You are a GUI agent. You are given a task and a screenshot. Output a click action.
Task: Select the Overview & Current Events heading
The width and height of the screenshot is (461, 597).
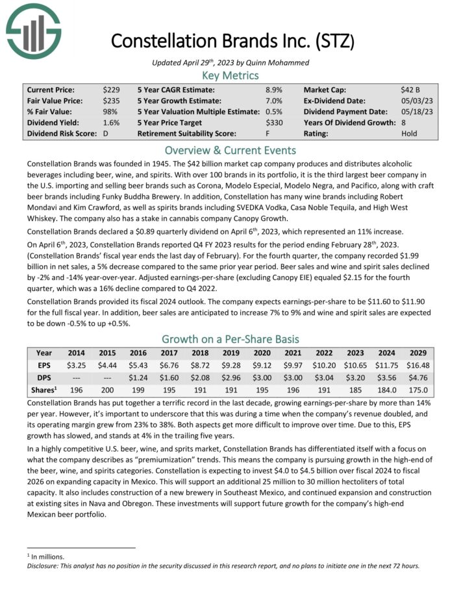(230, 150)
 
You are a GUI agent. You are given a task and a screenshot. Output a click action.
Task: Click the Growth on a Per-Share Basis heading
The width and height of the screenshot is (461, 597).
(230, 338)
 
